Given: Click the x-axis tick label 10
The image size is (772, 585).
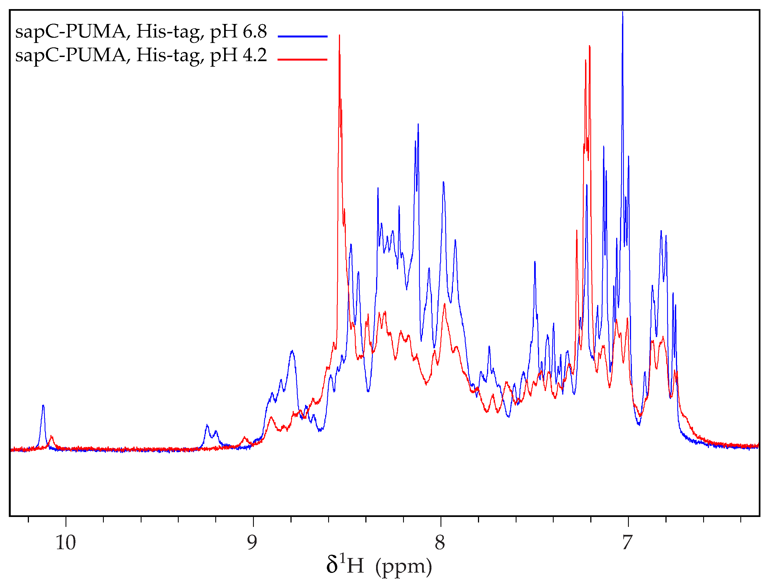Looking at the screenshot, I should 66,543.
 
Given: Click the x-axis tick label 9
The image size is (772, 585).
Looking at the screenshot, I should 252,543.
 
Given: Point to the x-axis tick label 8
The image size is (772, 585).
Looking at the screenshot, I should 440,543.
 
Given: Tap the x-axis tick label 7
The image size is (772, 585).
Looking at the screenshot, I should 627,543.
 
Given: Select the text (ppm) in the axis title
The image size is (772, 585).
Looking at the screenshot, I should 403,567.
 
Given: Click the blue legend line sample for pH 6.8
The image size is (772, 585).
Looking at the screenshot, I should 303,36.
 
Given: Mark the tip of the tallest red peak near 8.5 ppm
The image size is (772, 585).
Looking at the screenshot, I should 339,36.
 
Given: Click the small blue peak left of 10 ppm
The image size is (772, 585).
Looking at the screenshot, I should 43,406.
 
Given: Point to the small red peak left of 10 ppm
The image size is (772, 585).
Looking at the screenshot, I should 52,437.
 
